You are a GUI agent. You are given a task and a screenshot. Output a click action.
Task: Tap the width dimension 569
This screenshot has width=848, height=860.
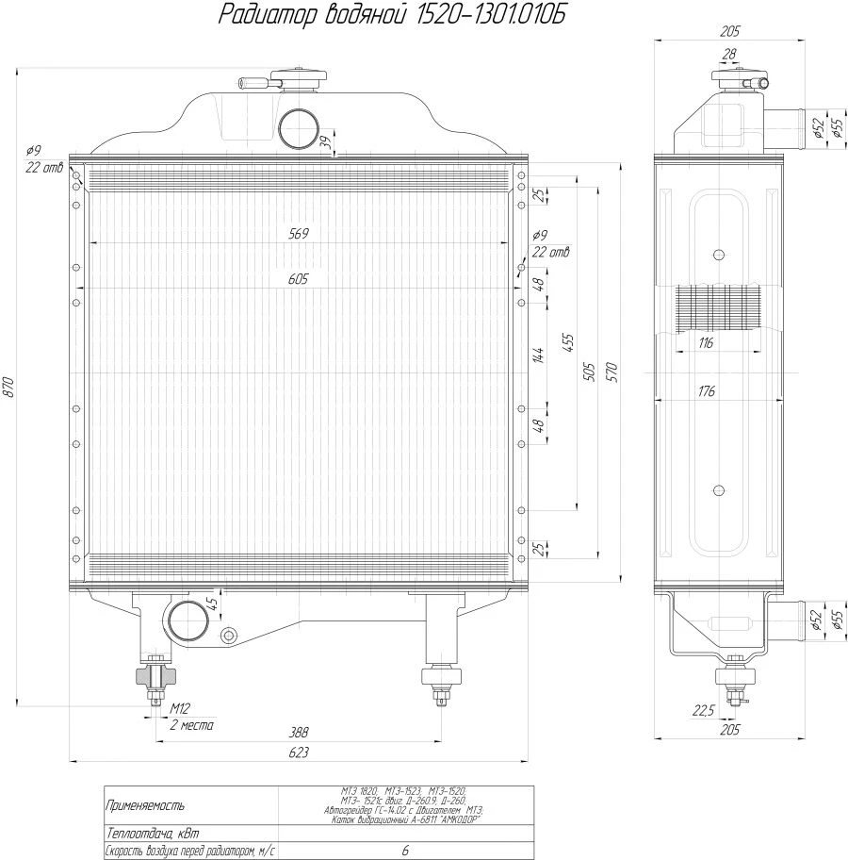click(x=300, y=233)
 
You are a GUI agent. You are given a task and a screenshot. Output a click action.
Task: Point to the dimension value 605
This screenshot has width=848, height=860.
click(x=300, y=279)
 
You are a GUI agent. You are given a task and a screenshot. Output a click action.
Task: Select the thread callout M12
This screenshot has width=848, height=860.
click(x=180, y=707)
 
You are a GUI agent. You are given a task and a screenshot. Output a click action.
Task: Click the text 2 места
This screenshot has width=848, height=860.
click(x=191, y=725)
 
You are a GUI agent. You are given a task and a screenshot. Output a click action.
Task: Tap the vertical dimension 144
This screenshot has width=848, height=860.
click(x=538, y=356)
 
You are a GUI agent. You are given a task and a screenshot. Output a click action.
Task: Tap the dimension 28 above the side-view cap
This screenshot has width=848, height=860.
click(x=728, y=55)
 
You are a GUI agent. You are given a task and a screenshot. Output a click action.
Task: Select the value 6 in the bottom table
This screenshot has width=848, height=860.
click(x=405, y=851)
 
